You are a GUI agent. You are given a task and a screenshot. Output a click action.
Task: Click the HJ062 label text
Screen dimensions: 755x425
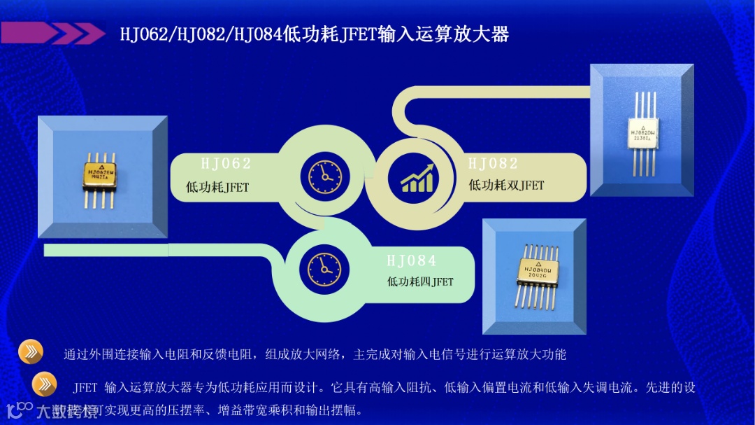click(x=225, y=164)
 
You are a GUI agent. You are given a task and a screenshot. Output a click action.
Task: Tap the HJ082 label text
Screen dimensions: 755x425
click(x=493, y=164)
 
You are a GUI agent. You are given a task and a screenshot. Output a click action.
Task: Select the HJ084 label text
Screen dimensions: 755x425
click(x=411, y=261)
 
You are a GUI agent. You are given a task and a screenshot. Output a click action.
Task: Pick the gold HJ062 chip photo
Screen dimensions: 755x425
click(x=103, y=178)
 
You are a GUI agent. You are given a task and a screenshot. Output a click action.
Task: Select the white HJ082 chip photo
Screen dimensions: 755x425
click(x=642, y=131)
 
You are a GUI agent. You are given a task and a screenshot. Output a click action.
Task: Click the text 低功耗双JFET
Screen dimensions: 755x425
click(x=505, y=186)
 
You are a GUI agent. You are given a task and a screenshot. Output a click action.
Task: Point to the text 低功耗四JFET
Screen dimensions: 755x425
click(x=420, y=282)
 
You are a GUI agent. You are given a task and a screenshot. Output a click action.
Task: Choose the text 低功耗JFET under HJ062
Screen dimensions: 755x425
click(x=217, y=187)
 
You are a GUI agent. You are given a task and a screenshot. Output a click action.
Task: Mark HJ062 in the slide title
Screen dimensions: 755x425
click(x=143, y=34)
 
